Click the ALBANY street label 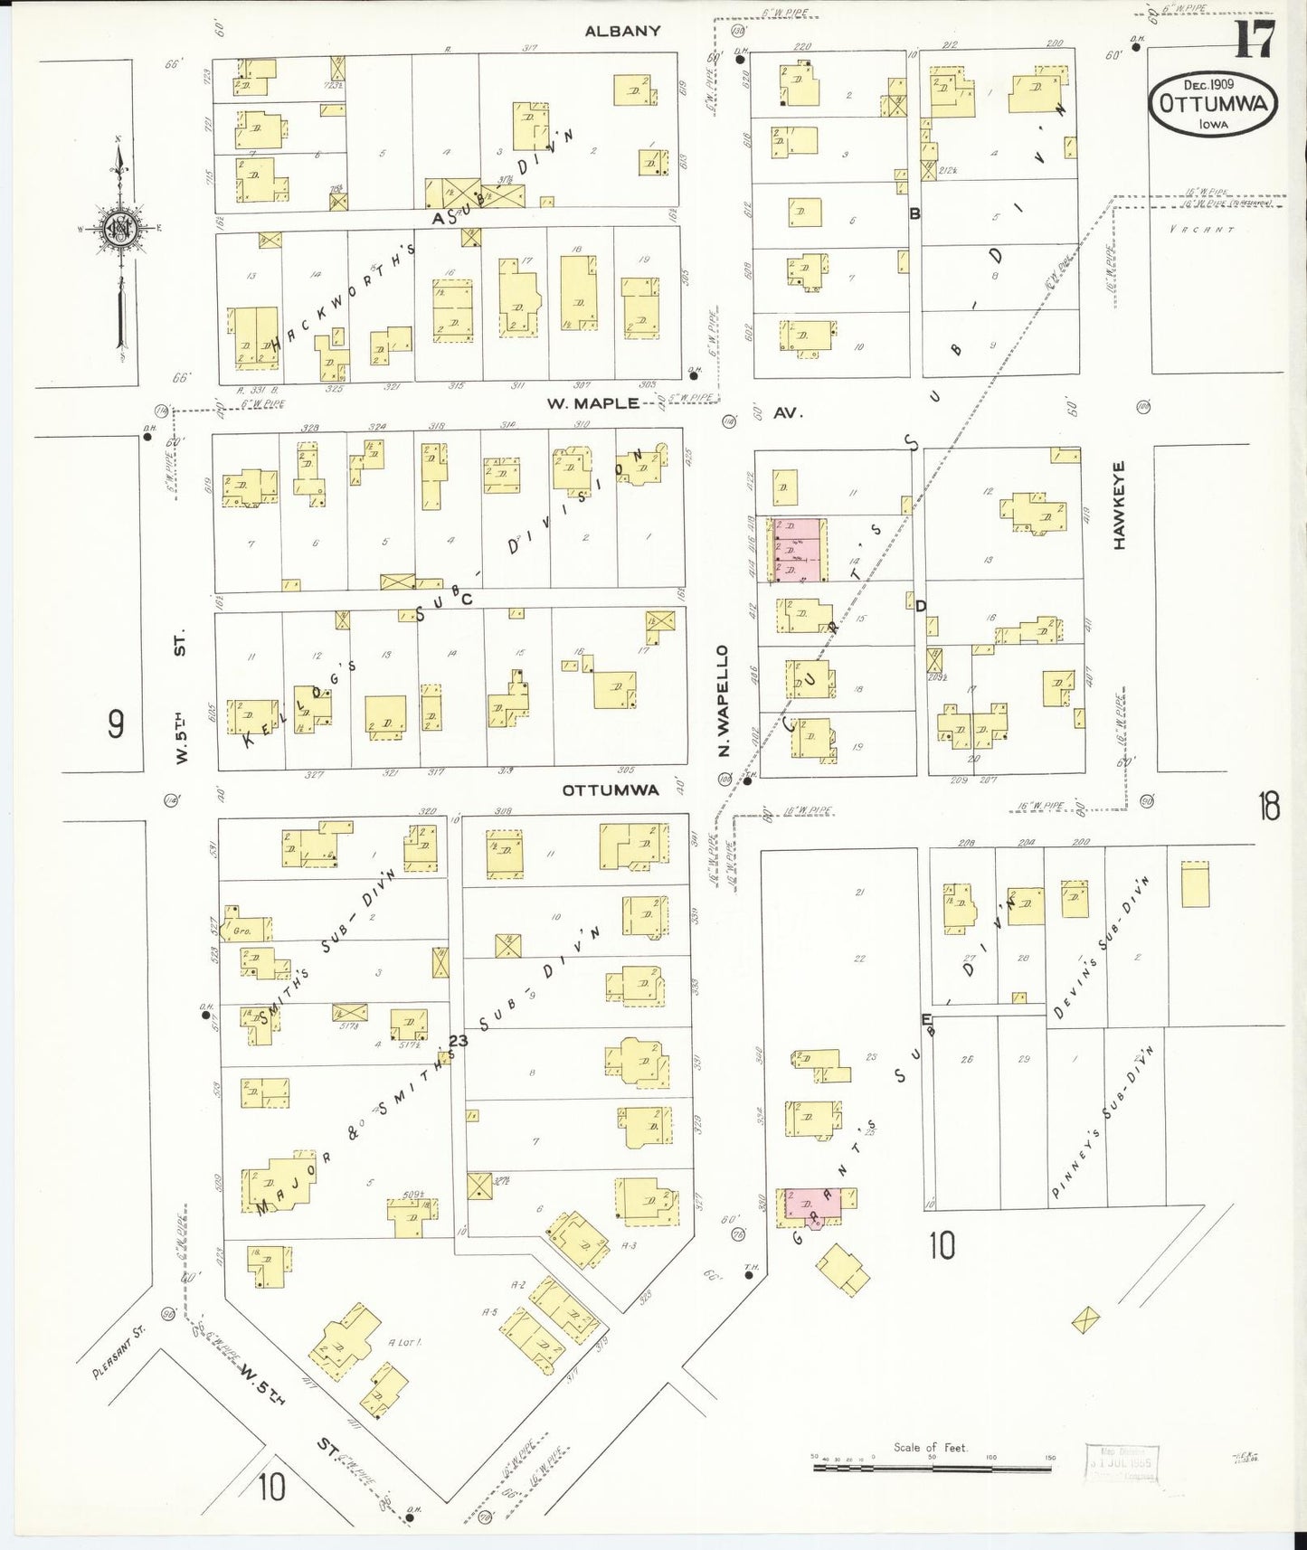pyautogui.click(x=622, y=31)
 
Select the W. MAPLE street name pyautogui.click(x=592, y=403)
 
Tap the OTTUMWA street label pyautogui.click(x=610, y=789)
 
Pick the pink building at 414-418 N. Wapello pyautogui.click(x=798, y=549)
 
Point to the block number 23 pyautogui.click(x=459, y=1041)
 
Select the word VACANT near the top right pyautogui.click(x=1201, y=230)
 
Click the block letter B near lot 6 pyautogui.click(x=914, y=214)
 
